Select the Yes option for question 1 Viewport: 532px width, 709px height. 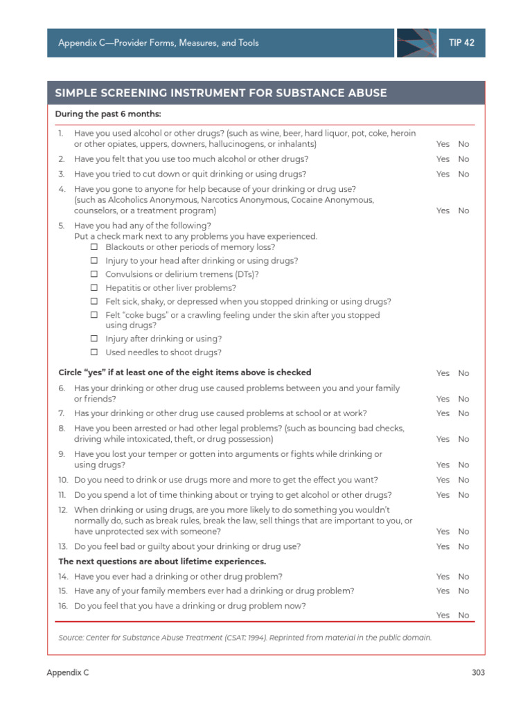click(x=443, y=144)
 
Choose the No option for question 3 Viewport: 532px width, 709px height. click(x=463, y=174)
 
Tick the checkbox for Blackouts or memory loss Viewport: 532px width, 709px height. click(x=94, y=247)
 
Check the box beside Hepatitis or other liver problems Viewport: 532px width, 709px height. click(x=94, y=288)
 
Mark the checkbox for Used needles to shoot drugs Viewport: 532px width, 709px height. click(x=94, y=352)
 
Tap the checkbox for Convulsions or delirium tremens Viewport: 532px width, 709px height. click(x=94, y=274)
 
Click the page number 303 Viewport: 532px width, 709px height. click(x=478, y=672)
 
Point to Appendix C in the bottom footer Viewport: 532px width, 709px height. click(x=68, y=672)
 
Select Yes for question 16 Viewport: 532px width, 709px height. click(x=443, y=615)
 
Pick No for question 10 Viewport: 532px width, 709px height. click(x=463, y=480)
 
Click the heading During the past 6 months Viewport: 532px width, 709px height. click(x=107, y=114)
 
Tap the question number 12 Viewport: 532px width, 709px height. click(x=62, y=510)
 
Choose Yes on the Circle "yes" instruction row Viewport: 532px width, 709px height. click(x=443, y=373)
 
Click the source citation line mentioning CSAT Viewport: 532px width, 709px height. click(x=245, y=638)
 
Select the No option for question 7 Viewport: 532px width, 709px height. click(x=463, y=413)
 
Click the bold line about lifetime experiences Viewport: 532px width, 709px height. click(x=162, y=561)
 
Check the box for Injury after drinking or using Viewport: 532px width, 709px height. click(x=94, y=339)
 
